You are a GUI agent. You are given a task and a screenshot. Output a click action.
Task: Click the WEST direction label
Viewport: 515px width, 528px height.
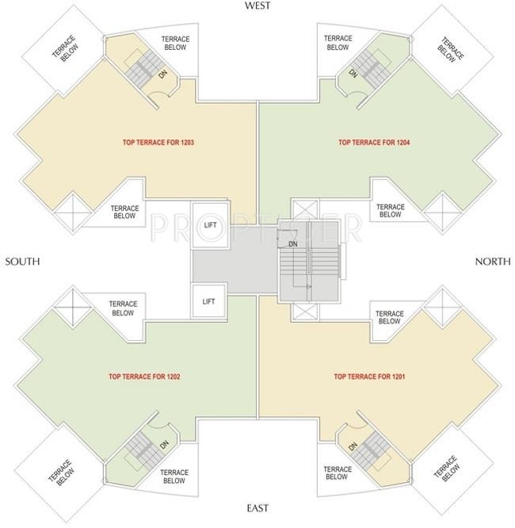click(257, 6)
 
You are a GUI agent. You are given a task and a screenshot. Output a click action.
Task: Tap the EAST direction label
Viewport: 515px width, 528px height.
click(257, 508)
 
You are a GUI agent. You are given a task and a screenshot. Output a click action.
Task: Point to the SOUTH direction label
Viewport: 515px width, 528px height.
click(22, 262)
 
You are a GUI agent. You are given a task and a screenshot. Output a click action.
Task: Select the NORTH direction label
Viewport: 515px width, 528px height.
click(493, 262)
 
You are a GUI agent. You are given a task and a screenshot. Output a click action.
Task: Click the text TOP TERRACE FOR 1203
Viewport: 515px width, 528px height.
click(158, 143)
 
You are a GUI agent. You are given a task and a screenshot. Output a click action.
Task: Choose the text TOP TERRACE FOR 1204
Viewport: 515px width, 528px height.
click(374, 143)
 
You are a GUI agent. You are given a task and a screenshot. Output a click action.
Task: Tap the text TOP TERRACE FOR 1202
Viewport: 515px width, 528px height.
click(144, 377)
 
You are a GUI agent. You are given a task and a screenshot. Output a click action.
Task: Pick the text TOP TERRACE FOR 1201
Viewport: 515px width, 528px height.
click(369, 377)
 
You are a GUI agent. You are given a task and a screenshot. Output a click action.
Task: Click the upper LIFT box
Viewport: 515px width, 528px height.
click(211, 224)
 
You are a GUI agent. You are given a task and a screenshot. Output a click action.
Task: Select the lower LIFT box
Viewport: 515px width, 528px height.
click(208, 301)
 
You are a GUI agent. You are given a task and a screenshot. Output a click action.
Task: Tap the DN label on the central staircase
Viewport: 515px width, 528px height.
click(293, 244)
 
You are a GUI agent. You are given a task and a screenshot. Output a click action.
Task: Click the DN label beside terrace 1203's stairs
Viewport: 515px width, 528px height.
click(163, 75)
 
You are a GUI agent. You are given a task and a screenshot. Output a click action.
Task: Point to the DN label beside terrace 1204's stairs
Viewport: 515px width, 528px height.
click(353, 74)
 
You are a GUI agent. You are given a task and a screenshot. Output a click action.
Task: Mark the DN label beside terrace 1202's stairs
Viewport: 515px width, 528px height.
click(164, 445)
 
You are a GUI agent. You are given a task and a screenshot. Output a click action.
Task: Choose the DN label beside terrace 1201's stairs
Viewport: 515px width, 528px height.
click(353, 446)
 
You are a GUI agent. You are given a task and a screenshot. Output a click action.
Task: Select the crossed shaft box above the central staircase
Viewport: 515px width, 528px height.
click(305, 209)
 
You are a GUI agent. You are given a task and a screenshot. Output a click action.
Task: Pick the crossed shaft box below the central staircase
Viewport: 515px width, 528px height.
click(305, 312)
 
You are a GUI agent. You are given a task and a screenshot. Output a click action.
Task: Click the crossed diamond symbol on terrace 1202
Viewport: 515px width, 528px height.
click(73, 308)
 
